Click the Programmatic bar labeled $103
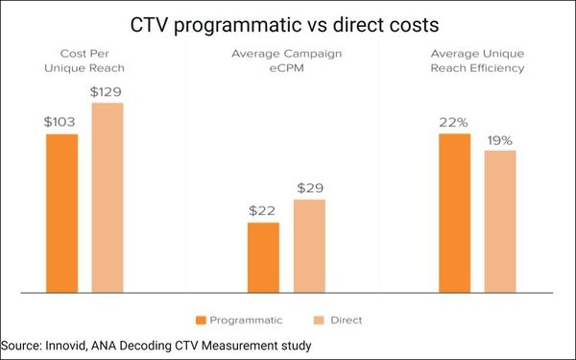[x=61, y=213]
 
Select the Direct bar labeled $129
[x=108, y=197]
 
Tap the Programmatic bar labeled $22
[x=263, y=257]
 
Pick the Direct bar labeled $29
[x=309, y=246]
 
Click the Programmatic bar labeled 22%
[x=455, y=213]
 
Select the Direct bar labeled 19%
[x=500, y=221]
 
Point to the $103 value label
[x=61, y=122]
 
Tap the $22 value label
[x=263, y=210]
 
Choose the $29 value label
[x=310, y=187]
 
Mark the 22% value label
[x=455, y=122]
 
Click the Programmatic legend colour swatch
[x=202, y=320]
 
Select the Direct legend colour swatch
[x=320, y=320]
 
